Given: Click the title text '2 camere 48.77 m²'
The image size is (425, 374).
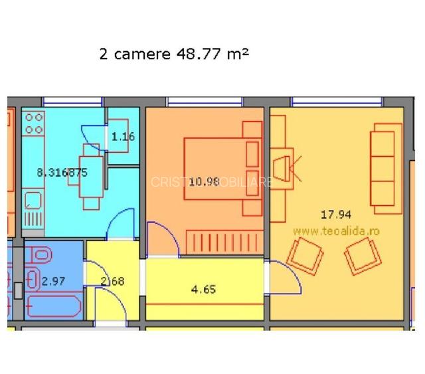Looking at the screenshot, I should click(x=173, y=54).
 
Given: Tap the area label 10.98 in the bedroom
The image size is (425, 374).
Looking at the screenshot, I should click(x=204, y=181).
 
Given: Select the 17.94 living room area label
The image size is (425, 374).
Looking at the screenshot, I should click(x=335, y=214).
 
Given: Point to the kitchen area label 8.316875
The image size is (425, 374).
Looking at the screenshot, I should click(x=62, y=172).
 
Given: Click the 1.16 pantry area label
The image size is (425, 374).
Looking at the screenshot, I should click(x=123, y=138).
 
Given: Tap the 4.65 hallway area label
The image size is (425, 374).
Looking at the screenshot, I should click(x=203, y=290).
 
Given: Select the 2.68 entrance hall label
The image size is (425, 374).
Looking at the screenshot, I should click(x=112, y=281).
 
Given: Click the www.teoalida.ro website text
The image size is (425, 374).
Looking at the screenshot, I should click(x=335, y=230).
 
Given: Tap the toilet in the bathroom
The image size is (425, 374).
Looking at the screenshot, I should click(x=41, y=254).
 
